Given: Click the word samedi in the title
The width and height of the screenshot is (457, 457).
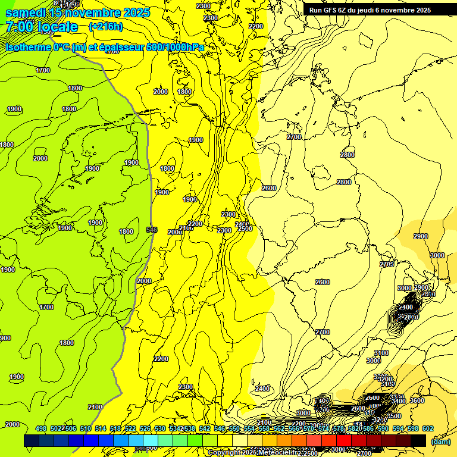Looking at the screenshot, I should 26,12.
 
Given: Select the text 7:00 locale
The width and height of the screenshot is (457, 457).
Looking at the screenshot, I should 42,27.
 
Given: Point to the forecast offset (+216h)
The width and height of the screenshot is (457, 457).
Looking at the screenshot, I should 106,27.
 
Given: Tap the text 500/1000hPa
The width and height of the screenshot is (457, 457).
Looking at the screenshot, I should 177,47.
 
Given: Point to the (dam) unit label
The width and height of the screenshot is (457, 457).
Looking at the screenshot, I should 440,442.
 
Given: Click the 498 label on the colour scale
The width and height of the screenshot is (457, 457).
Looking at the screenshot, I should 41,428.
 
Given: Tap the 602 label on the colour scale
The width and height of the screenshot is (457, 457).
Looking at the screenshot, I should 428,428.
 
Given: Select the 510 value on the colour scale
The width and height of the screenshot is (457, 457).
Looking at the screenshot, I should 86,428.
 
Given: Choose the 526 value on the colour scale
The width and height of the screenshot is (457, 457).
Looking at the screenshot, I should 145,428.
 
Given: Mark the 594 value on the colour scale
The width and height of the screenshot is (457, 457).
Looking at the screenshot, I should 398,428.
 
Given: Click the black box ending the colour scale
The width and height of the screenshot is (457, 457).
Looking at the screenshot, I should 418,440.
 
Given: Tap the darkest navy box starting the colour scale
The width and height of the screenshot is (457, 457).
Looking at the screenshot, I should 32,440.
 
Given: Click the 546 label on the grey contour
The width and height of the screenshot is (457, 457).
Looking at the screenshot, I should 152,229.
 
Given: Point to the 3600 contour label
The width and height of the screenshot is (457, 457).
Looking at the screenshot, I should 417,400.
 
